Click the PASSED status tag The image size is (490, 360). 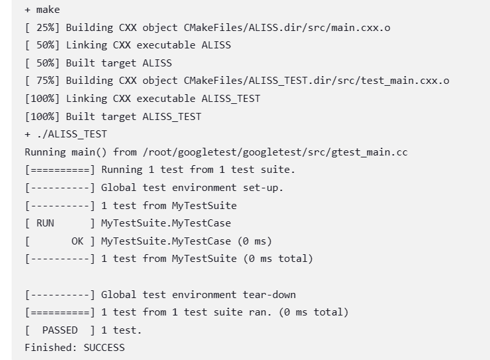point(60,330)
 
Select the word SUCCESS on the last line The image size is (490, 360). point(104,348)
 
